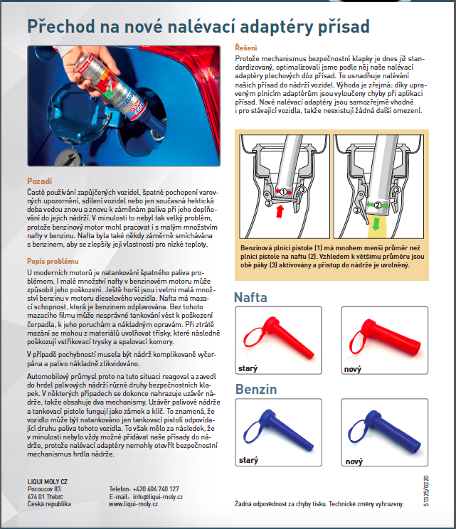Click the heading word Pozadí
(39, 181)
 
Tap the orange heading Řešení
(248, 47)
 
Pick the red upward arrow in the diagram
(279, 211)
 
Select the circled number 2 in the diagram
(296, 192)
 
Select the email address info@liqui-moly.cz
(157, 496)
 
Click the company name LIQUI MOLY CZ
(49, 481)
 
